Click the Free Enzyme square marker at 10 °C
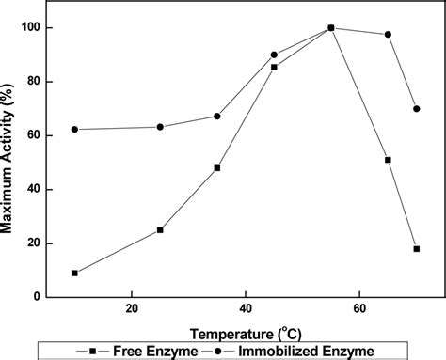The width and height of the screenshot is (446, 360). click(75, 273)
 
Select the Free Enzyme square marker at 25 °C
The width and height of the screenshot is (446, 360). click(160, 229)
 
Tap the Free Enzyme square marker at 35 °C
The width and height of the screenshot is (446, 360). click(217, 168)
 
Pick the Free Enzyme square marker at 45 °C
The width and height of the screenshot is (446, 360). click(274, 68)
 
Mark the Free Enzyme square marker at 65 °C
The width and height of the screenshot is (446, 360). click(388, 160)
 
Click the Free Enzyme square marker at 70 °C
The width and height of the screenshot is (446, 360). click(417, 249)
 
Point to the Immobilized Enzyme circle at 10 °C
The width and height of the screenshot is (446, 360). click(75, 130)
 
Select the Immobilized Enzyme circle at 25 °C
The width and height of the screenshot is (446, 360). click(160, 127)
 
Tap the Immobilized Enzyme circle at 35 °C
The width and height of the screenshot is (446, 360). click(217, 117)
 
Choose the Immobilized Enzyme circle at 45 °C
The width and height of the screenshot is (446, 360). click(274, 55)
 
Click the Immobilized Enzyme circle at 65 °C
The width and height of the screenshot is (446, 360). click(388, 35)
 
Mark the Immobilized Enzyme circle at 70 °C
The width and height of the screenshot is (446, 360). click(417, 109)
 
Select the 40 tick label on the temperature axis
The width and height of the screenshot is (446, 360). click(246, 309)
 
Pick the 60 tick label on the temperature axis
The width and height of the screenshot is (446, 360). click(359, 309)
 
